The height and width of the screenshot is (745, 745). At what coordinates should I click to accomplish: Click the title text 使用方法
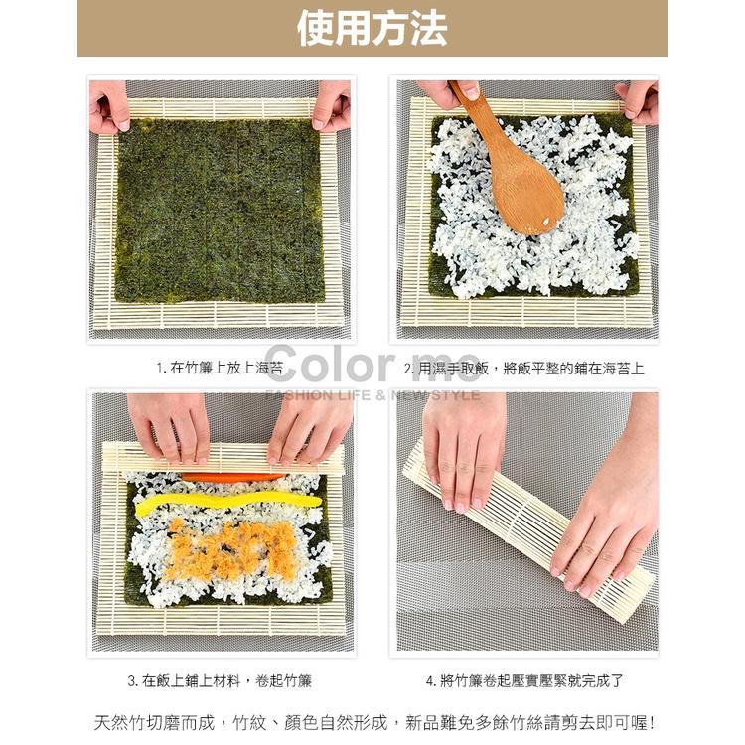click(x=372, y=29)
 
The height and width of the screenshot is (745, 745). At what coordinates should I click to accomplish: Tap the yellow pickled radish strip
click(x=228, y=505)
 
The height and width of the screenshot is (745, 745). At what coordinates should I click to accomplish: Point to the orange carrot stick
click(x=232, y=477)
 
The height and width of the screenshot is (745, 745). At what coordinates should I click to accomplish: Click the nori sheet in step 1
click(x=221, y=211)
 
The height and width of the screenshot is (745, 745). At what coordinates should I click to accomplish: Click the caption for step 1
click(x=220, y=368)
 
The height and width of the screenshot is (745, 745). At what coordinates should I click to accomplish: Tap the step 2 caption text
click(x=524, y=369)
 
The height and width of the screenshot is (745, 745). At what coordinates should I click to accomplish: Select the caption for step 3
click(x=220, y=680)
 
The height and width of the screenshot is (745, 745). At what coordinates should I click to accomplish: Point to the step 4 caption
click(x=524, y=680)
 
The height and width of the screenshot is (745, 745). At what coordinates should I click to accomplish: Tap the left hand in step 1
click(x=108, y=106)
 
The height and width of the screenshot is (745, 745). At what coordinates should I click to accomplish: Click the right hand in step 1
click(x=332, y=106)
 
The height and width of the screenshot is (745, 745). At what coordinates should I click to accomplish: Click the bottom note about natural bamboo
click(x=373, y=723)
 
